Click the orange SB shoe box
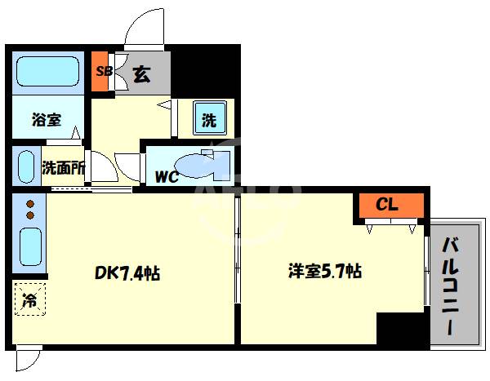(x=104, y=71)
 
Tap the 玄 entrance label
(x=140, y=74)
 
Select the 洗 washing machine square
(x=209, y=121)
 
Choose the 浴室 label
(x=47, y=120)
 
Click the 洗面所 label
(x=64, y=169)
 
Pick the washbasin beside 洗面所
(x=27, y=166)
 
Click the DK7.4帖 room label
(x=127, y=273)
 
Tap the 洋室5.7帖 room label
(x=324, y=272)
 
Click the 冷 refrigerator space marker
(x=29, y=299)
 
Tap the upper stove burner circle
(x=29, y=205)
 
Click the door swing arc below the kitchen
(x=27, y=360)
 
